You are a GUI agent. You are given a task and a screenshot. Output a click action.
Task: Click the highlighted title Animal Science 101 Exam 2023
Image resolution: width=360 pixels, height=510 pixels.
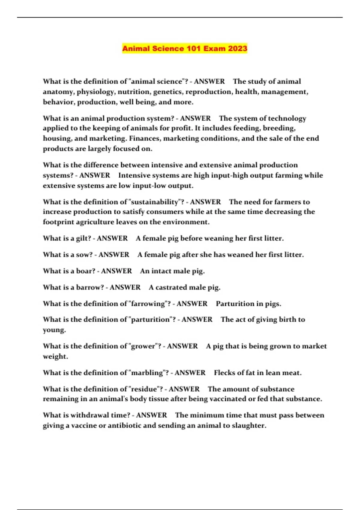click(x=184, y=49)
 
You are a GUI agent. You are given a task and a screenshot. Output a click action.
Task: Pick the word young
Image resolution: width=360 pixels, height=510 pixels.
click(x=54, y=330)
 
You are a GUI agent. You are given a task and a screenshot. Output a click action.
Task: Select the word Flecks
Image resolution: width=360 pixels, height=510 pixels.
click(x=224, y=373)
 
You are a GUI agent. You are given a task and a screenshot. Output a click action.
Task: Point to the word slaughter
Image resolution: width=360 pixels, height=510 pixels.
click(x=249, y=425)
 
